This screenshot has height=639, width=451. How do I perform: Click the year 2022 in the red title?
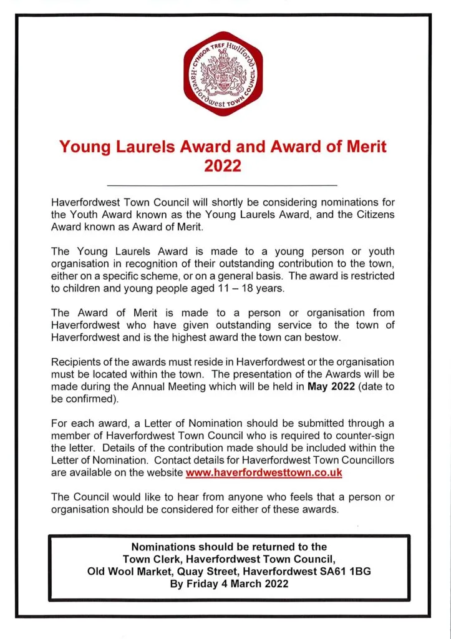(x=223, y=167)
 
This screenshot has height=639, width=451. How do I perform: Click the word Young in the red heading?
(x=85, y=147)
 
